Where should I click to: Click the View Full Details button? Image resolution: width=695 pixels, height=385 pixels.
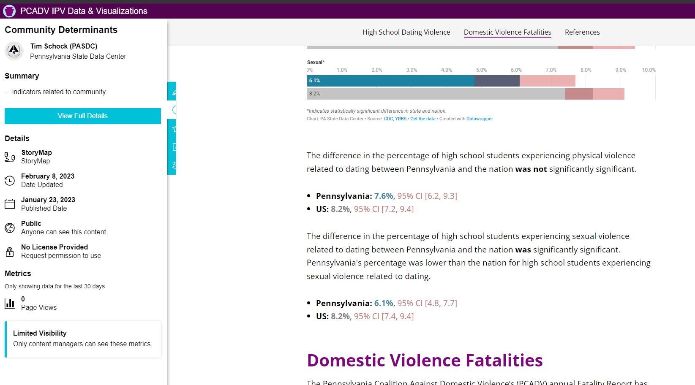pyautogui.click(x=83, y=116)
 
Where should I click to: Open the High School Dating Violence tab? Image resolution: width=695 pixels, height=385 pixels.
pyautogui.click(x=406, y=32)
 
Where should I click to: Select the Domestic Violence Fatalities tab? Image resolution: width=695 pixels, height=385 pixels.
pyautogui.click(x=507, y=32)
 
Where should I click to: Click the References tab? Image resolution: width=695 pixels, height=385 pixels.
pyautogui.click(x=582, y=32)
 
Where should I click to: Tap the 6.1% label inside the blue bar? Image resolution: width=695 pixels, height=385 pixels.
pyautogui.click(x=315, y=81)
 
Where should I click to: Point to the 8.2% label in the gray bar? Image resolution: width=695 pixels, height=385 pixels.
pyautogui.click(x=315, y=94)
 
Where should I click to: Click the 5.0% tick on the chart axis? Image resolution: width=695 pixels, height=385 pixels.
pyautogui.click(x=481, y=70)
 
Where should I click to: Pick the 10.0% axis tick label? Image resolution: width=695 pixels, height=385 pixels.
pyautogui.click(x=649, y=70)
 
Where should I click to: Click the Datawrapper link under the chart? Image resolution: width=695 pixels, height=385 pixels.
pyautogui.click(x=480, y=119)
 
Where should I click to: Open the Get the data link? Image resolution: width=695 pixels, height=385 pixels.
pyautogui.click(x=422, y=119)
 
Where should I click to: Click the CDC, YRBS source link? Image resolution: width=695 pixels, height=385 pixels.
pyautogui.click(x=395, y=119)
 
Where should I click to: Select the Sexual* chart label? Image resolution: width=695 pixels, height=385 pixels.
pyautogui.click(x=316, y=62)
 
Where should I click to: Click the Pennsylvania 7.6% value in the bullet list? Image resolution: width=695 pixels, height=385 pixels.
pyautogui.click(x=384, y=196)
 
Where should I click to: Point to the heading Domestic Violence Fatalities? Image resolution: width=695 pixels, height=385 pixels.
pyautogui.click(x=425, y=361)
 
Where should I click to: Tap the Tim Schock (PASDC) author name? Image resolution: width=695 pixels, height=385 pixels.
pyautogui.click(x=64, y=46)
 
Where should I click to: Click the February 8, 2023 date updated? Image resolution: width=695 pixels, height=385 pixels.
pyautogui.click(x=48, y=176)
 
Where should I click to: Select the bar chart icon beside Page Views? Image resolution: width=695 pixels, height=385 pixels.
pyautogui.click(x=10, y=303)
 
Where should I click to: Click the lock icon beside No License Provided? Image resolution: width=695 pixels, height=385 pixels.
pyautogui.click(x=10, y=252)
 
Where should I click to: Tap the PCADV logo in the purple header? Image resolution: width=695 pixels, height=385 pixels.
pyautogui.click(x=9, y=11)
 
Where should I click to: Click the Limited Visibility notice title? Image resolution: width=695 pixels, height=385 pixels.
pyautogui.click(x=40, y=333)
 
